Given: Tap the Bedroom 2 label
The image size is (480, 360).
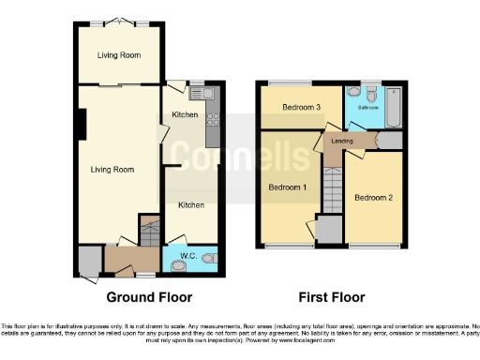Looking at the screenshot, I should tap(372, 198).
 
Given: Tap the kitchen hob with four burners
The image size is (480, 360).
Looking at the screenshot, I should tap(212, 119).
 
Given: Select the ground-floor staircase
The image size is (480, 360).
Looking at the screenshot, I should tap(149, 230).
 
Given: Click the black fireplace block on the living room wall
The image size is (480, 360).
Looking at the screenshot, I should tap(82, 121).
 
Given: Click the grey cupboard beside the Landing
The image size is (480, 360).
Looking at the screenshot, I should tap(391, 141).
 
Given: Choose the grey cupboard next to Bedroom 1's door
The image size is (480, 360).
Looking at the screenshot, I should tap(328, 229).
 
